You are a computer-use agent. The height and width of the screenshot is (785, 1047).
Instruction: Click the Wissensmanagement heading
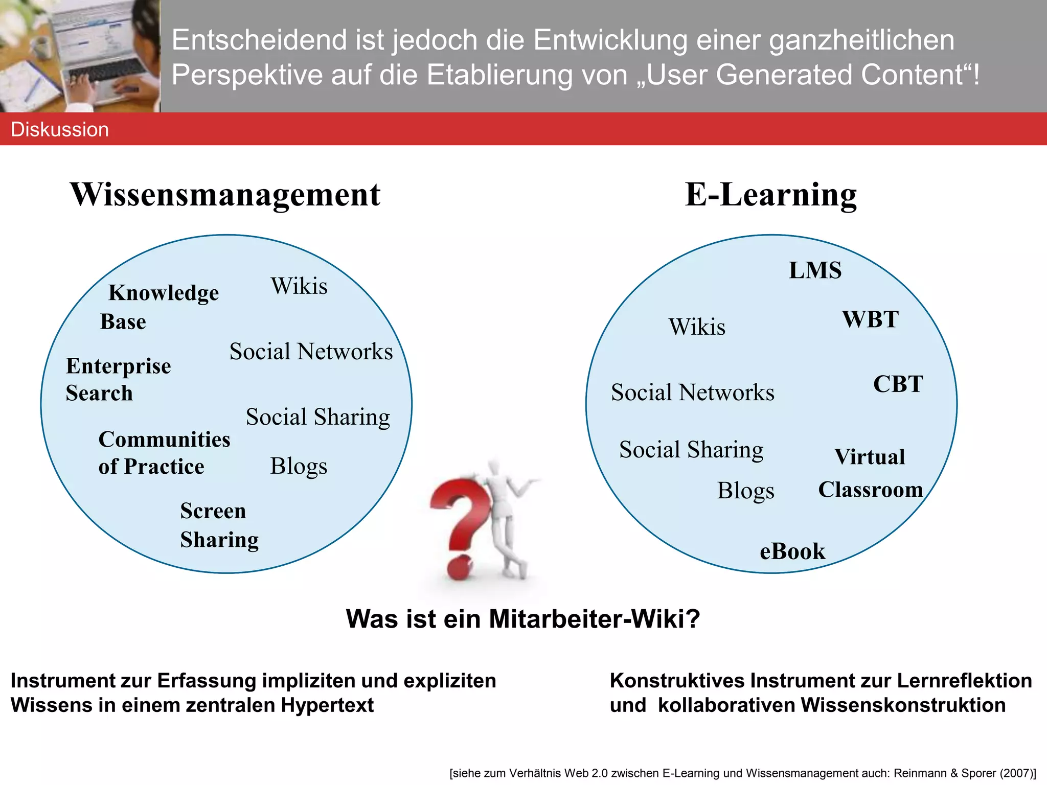(x=225, y=195)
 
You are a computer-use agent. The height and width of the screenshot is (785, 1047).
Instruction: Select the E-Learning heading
(x=770, y=195)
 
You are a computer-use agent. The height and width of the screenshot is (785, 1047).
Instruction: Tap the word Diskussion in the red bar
(x=60, y=130)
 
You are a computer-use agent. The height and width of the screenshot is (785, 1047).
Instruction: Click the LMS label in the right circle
(x=815, y=270)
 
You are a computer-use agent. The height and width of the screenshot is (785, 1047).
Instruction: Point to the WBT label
(x=870, y=319)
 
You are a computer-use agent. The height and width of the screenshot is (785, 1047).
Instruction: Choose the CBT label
(x=898, y=384)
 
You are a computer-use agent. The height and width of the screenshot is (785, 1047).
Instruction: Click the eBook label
(x=792, y=551)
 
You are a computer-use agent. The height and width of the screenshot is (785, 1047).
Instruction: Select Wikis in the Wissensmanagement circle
(x=299, y=286)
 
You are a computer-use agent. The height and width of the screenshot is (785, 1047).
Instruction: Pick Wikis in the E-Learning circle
(x=697, y=327)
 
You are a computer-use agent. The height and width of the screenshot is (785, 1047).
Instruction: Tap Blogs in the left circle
(x=299, y=466)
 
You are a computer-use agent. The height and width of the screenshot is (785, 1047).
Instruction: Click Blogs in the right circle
(x=745, y=491)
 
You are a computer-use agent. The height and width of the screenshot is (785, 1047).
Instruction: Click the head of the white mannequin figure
(x=494, y=467)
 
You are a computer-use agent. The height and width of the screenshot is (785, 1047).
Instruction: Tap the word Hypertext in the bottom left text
(x=327, y=705)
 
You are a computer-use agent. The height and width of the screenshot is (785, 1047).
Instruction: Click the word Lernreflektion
(x=964, y=681)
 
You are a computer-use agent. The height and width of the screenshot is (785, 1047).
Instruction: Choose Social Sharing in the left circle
(x=317, y=417)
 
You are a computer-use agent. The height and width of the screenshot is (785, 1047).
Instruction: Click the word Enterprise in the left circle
(x=119, y=366)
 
